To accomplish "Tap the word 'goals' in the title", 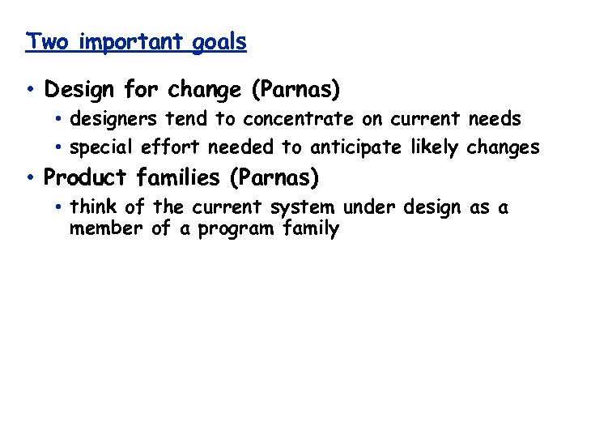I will click(x=219, y=43).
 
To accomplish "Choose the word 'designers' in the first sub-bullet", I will click(x=114, y=120).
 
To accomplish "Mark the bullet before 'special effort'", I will click(x=60, y=148).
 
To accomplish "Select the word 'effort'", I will click(x=172, y=147).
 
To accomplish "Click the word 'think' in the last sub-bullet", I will click(x=92, y=207).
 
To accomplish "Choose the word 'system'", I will click(x=301, y=209).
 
